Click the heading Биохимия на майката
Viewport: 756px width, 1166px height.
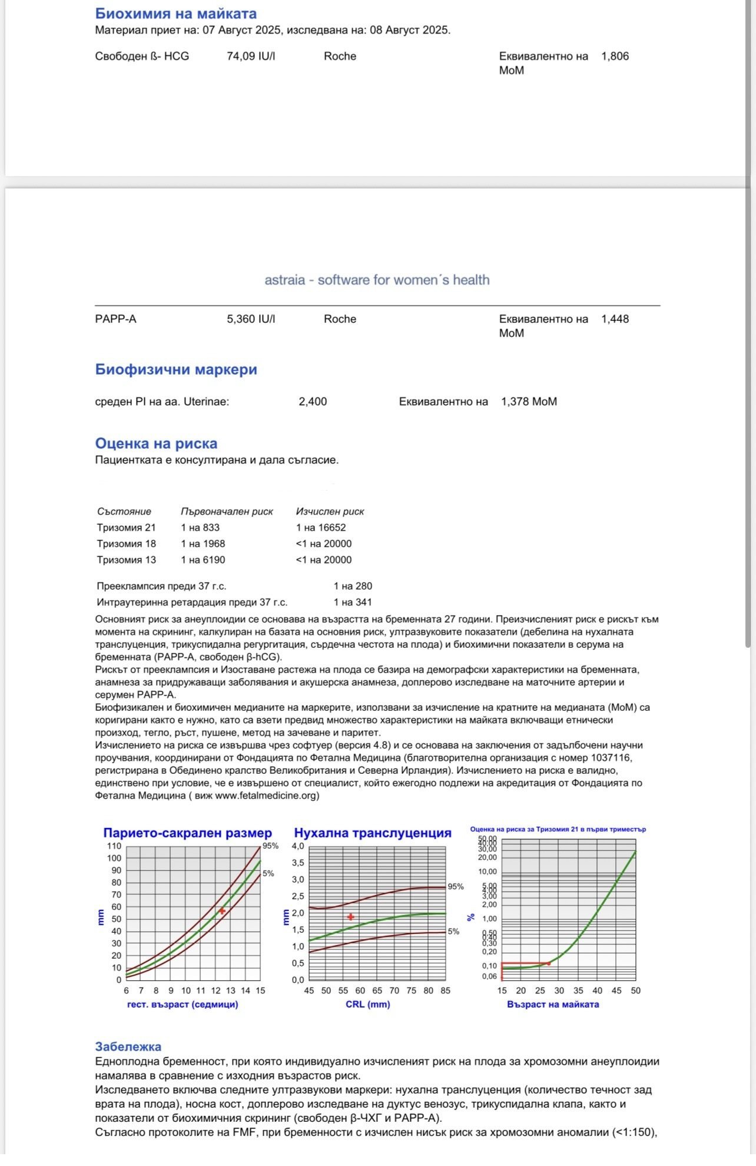click(x=175, y=14)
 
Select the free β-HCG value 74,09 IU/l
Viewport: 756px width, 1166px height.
click(x=251, y=57)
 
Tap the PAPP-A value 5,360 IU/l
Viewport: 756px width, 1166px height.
click(x=251, y=319)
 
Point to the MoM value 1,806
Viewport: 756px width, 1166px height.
click(x=615, y=57)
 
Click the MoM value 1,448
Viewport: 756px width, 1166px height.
click(x=615, y=319)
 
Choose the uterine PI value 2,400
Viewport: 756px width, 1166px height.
click(x=313, y=402)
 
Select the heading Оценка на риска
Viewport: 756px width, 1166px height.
click(x=156, y=443)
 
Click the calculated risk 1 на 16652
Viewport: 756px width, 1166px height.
click(x=321, y=528)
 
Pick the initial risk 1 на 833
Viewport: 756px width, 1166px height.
click(x=200, y=528)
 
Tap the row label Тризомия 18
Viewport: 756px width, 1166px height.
click(x=127, y=544)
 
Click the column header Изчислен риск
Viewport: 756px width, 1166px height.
click(x=330, y=512)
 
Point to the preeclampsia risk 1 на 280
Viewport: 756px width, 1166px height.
click(x=353, y=586)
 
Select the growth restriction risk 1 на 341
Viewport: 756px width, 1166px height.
click(x=353, y=602)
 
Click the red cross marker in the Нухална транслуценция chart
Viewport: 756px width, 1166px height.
click(x=351, y=917)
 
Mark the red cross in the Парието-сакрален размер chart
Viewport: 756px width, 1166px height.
click(x=223, y=911)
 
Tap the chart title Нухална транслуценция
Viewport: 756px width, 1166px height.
click(x=372, y=833)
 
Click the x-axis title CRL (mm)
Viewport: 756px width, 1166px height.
click(x=367, y=1005)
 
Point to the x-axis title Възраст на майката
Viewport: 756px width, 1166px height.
click(x=553, y=1005)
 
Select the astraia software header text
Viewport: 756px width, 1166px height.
click(x=377, y=280)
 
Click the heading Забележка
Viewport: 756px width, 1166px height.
click(x=128, y=1046)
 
